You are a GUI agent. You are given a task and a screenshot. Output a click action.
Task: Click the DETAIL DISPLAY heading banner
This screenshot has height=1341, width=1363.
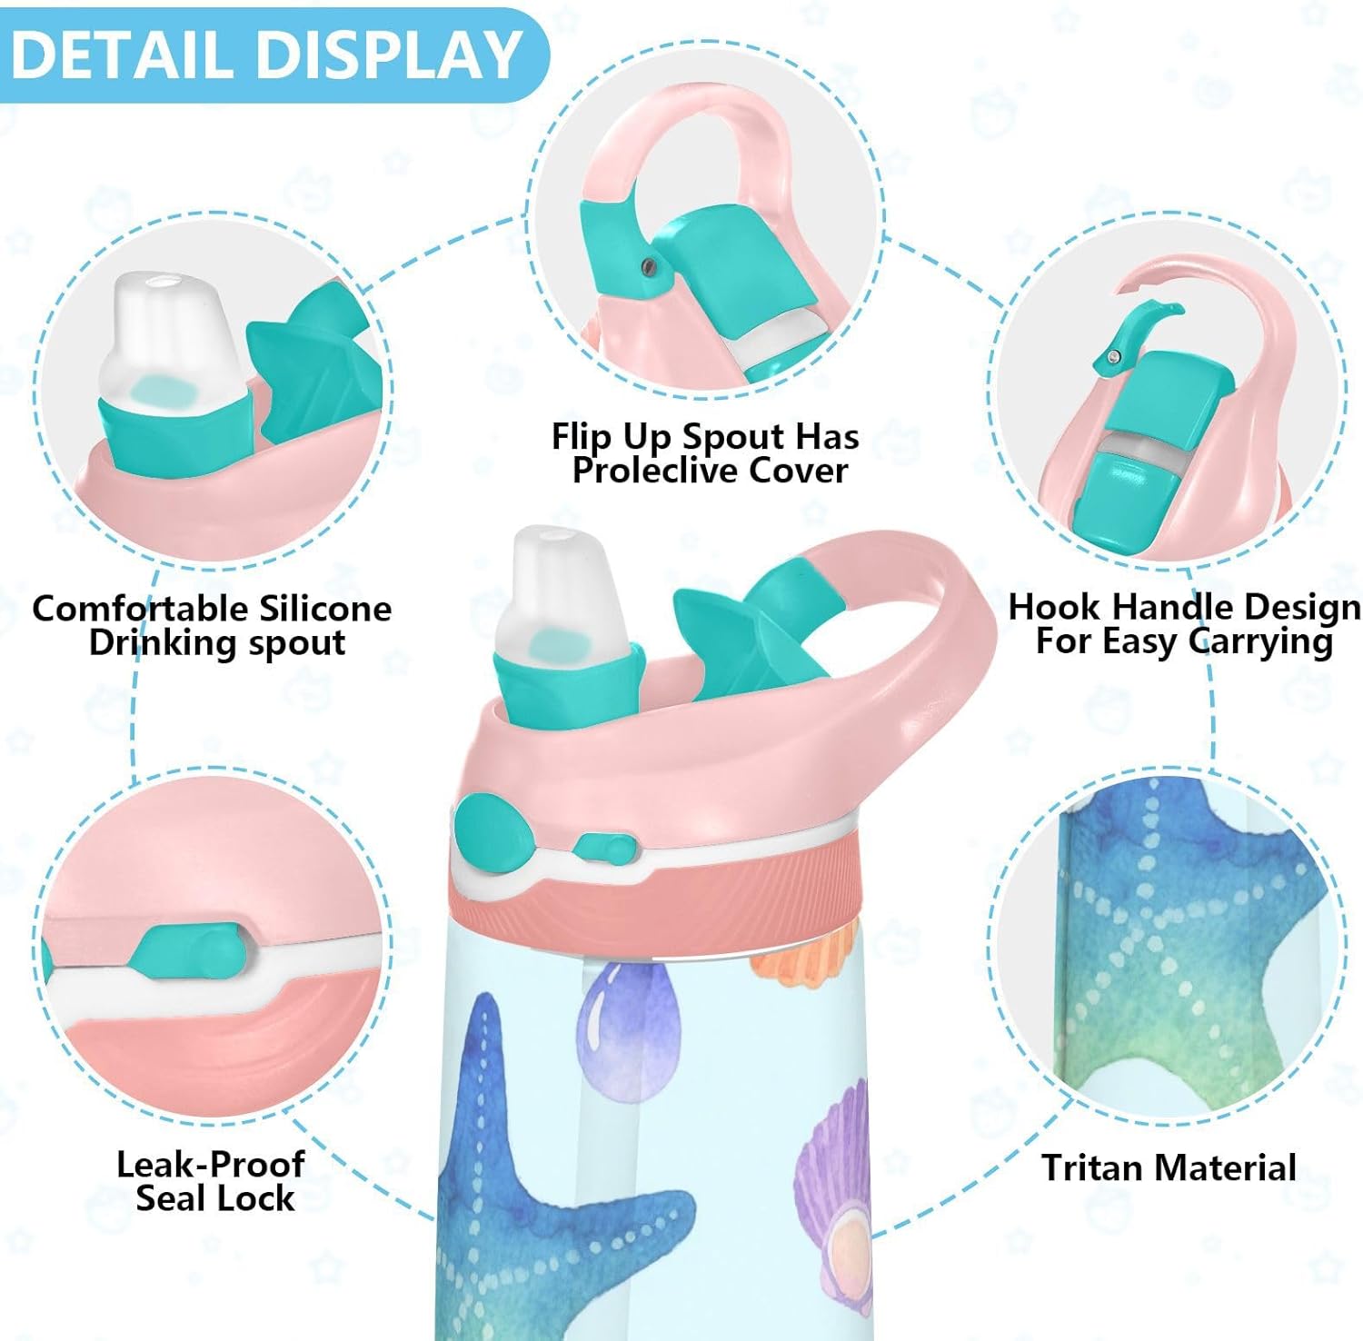[273, 55]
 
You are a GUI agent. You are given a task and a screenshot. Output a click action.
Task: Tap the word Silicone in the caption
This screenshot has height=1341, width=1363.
[325, 608]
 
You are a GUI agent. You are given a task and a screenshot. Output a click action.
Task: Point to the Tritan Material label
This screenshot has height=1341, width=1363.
[1169, 1167]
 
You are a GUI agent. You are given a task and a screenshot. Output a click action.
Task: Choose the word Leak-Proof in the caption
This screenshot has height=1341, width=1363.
[210, 1164]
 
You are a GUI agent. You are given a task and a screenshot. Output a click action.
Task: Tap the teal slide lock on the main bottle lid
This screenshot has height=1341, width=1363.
[605, 849]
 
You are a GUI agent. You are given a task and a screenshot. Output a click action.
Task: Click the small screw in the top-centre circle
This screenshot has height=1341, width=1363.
[646, 265]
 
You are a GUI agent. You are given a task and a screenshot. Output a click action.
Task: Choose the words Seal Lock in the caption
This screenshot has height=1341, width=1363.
[215, 1198]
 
